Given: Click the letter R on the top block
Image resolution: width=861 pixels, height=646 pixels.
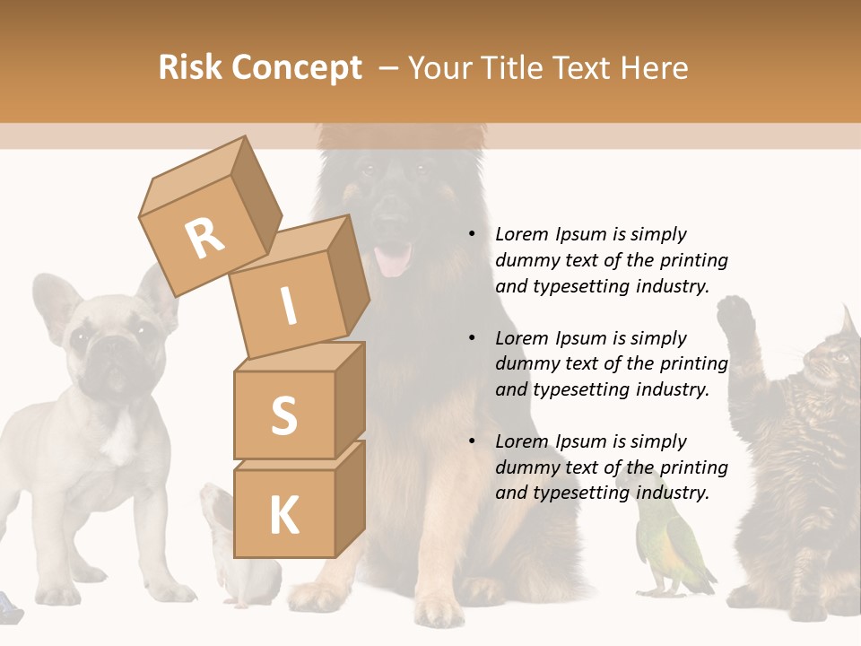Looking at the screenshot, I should (x=204, y=238).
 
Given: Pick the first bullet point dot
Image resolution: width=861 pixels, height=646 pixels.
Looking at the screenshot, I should (x=473, y=234).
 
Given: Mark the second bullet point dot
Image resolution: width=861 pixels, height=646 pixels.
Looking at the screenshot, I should (x=473, y=338).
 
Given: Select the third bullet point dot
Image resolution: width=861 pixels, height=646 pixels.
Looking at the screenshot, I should (x=473, y=441).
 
